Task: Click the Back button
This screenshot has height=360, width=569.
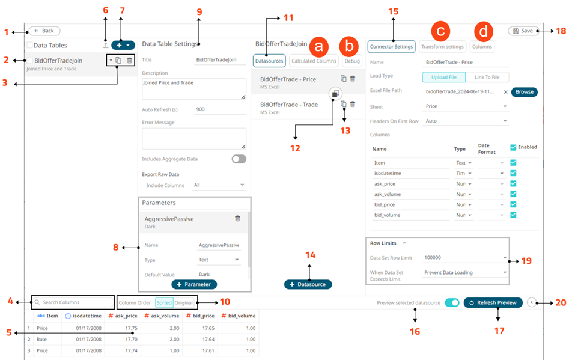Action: click(44, 31)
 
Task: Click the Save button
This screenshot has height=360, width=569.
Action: click(523, 31)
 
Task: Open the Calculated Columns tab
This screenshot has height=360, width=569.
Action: click(314, 61)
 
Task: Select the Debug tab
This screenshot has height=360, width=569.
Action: click(352, 61)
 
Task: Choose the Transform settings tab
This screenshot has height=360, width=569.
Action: click(442, 46)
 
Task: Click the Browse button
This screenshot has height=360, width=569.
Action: click(524, 92)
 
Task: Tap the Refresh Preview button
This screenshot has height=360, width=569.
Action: click(493, 303)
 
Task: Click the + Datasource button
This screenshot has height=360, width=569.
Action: click(308, 284)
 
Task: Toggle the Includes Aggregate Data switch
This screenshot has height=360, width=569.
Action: click(239, 159)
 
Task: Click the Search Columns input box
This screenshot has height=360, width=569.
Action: click(72, 302)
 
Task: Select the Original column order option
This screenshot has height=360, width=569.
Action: click(184, 302)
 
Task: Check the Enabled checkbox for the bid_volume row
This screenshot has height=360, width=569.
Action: click(513, 215)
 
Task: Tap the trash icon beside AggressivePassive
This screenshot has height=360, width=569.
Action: click(237, 219)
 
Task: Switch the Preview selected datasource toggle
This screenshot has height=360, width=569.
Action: click(452, 303)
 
